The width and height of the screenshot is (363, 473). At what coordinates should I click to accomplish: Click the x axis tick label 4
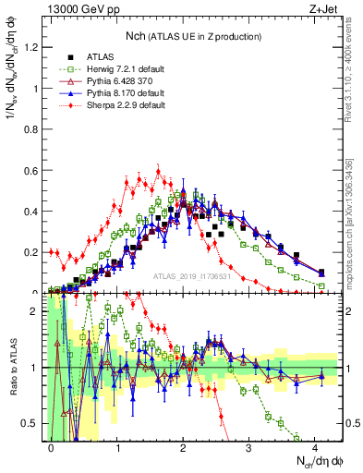coord(315,447)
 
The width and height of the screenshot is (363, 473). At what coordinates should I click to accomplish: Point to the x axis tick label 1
coord(117,447)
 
